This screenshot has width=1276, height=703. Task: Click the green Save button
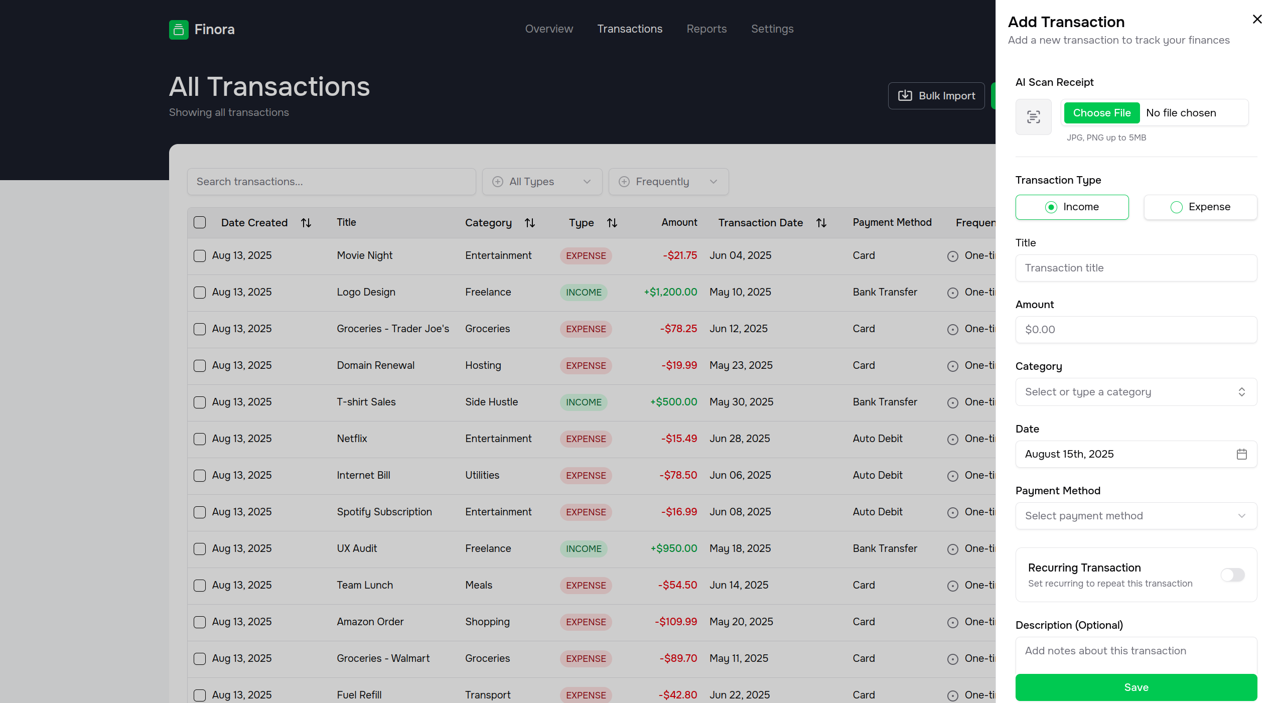[x=1136, y=687]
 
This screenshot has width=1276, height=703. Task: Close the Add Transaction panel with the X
[x=1257, y=19]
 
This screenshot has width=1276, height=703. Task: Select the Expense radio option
[x=1200, y=207]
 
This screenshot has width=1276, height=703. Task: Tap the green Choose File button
[x=1102, y=113]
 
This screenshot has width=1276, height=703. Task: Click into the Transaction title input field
[x=1136, y=268]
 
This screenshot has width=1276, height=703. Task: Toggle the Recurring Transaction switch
[x=1232, y=575]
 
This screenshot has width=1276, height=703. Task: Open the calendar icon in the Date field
[x=1242, y=454]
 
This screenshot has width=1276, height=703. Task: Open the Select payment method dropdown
[x=1136, y=516]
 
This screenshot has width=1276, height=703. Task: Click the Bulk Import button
[x=936, y=96]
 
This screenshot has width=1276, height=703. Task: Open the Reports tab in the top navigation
[x=706, y=29]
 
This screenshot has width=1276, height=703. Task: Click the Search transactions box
[x=331, y=182]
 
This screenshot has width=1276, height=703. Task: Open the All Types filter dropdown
[x=542, y=182]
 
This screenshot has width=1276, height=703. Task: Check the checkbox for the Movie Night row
[x=200, y=256]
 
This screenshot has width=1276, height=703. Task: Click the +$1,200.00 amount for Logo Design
[x=670, y=292]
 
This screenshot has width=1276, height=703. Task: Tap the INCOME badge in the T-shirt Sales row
[x=584, y=402]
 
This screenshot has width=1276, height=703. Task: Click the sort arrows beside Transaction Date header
[x=821, y=223]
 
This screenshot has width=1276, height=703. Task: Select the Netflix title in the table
[x=352, y=439]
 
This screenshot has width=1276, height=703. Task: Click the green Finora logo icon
[x=179, y=30]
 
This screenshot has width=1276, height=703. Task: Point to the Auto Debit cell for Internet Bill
[x=878, y=475]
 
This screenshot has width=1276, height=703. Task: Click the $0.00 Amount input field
[x=1136, y=330]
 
